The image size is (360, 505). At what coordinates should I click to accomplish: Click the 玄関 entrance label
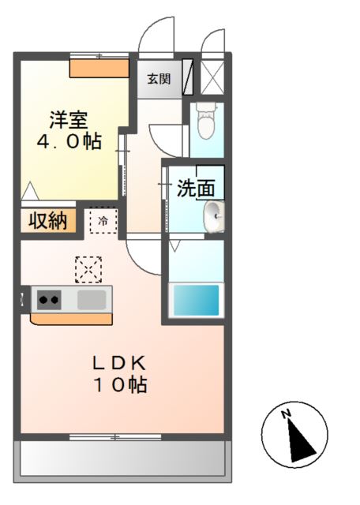[159, 79]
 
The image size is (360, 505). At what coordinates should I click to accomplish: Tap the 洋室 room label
[69, 121]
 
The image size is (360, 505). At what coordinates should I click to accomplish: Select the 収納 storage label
[48, 221]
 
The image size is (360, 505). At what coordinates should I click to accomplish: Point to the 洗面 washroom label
[195, 189]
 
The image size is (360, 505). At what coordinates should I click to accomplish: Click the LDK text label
[119, 363]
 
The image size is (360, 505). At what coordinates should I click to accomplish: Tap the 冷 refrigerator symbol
[103, 222]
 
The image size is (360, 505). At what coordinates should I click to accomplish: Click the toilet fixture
[206, 122]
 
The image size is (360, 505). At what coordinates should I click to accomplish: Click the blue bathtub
[196, 301]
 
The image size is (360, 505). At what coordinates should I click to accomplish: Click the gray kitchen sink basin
[92, 299]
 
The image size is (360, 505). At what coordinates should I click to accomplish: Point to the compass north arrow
[299, 438]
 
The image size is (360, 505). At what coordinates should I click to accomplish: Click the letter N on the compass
[288, 413]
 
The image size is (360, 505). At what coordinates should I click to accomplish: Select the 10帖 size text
[121, 385]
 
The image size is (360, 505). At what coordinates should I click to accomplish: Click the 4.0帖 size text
[69, 142]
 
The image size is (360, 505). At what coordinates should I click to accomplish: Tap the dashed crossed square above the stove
[88, 269]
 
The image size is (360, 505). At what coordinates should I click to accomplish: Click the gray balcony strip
[122, 458]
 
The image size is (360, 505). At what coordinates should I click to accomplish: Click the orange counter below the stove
[71, 319]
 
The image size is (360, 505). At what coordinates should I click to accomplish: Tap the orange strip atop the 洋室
[99, 68]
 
